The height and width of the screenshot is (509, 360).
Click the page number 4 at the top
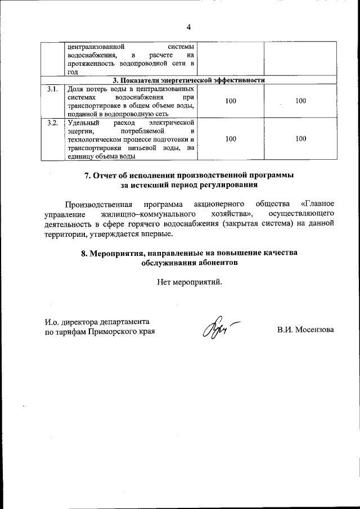point(189,27)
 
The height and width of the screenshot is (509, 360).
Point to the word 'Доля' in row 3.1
point(75,89)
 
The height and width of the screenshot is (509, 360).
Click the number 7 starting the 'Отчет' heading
point(87,175)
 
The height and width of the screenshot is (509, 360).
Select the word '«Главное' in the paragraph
point(318,203)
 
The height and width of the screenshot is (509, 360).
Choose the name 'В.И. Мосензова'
point(305,330)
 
